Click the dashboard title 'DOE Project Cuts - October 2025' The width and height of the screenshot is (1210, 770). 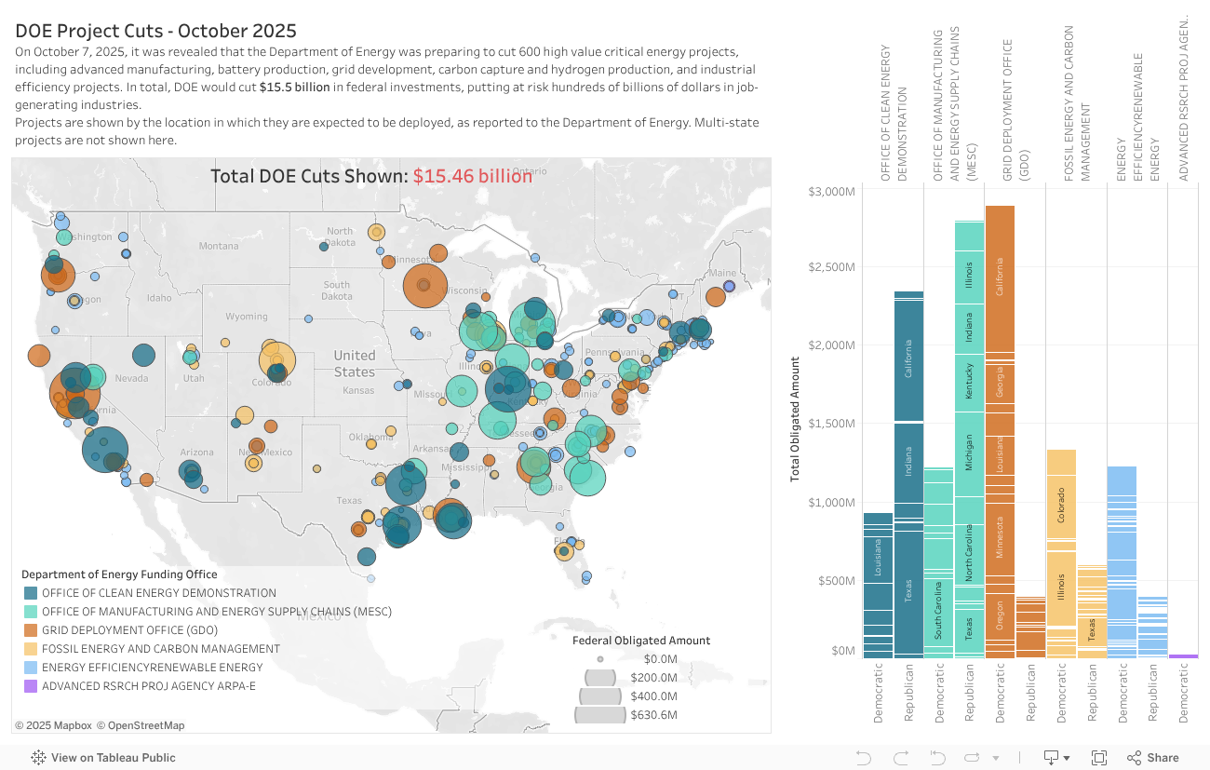(x=155, y=31)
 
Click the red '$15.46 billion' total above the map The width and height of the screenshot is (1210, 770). (x=473, y=176)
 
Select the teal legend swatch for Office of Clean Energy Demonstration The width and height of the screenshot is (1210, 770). (x=30, y=593)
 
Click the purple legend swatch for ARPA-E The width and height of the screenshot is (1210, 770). (x=30, y=686)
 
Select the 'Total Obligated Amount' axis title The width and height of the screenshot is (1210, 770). (x=795, y=419)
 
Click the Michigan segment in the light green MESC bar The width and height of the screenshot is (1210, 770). (x=969, y=452)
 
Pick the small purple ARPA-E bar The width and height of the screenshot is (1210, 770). (x=1183, y=656)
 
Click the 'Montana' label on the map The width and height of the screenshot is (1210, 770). (x=219, y=246)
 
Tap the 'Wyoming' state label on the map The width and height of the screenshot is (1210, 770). (x=246, y=317)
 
